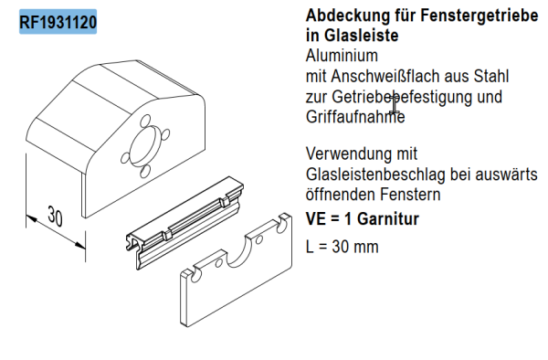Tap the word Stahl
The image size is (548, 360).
click(488, 77)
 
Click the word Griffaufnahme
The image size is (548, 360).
click(354, 117)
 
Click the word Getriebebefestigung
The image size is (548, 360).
click(401, 97)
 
